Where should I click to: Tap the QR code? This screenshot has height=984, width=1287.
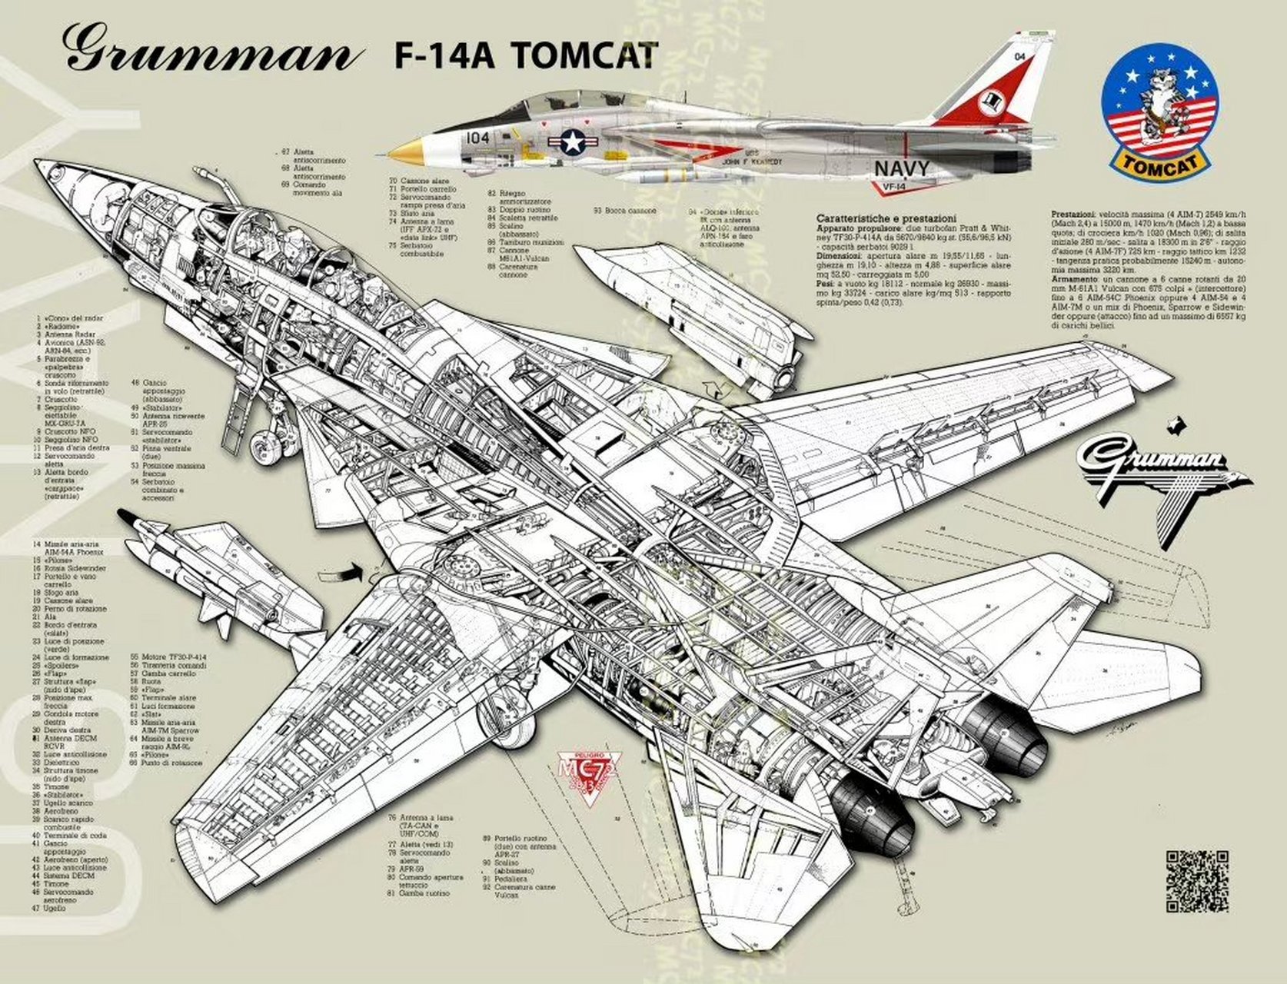pos(1197,881)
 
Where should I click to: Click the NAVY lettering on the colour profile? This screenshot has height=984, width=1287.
pos(901,168)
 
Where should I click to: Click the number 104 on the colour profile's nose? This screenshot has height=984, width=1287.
pos(477,138)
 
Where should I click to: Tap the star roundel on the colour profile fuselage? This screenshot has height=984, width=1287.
pos(572,141)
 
